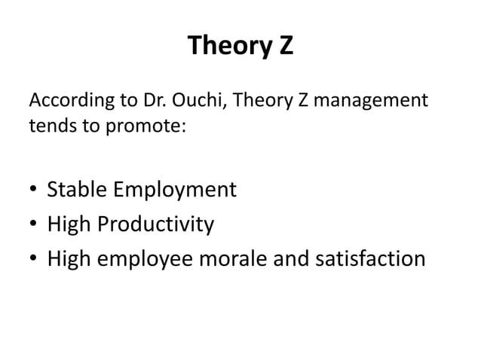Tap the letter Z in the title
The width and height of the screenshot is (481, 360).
tap(284, 47)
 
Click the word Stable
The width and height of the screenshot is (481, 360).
tap(78, 189)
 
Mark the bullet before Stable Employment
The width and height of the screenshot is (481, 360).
tap(34, 190)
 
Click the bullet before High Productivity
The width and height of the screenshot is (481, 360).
tap(34, 224)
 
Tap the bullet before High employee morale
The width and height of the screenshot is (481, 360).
tap(34, 259)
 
